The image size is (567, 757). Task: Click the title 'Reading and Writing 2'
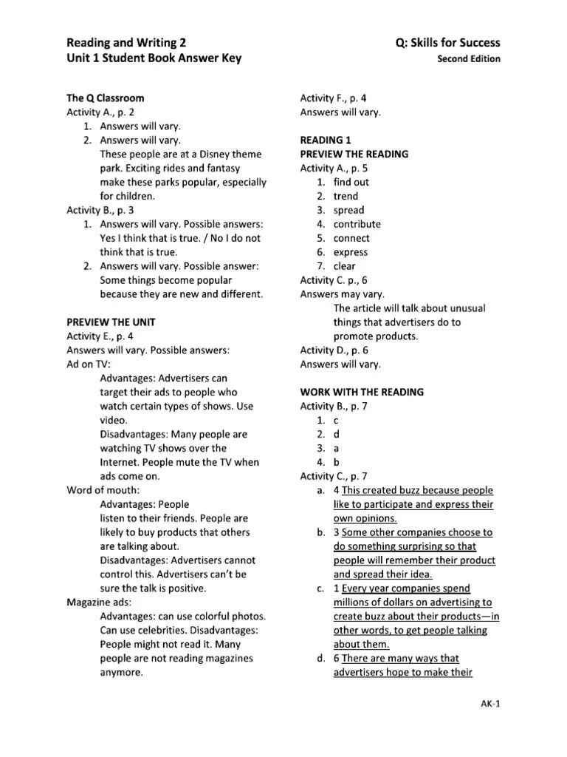pyautogui.click(x=132, y=43)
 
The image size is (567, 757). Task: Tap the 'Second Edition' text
pyautogui.click(x=469, y=59)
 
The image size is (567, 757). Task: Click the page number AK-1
pyautogui.click(x=489, y=704)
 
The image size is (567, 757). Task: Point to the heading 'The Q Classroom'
pyautogui.click(x=106, y=98)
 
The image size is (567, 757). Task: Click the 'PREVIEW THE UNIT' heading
pyautogui.click(x=111, y=322)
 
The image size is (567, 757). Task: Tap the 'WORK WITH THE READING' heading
pyautogui.click(x=362, y=392)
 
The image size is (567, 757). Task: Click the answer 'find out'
pyautogui.click(x=351, y=182)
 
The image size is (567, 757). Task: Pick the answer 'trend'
pyautogui.click(x=346, y=196)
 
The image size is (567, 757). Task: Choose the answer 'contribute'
pyautogui.click(x=357, y=224)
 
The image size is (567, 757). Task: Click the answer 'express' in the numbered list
pyautogui.click(x=351, y=252)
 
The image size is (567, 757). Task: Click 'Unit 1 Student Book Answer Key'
pyautogui.click(x=154, y=58)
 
